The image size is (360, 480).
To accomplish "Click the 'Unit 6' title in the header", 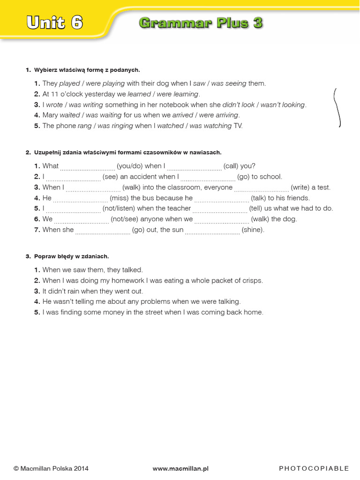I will (x=55, y=22).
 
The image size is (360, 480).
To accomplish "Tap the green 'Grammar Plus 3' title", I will (x=201, y=22).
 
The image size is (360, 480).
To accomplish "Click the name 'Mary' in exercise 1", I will (x=50, y=115).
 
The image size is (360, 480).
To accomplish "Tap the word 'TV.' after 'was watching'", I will (x=238, y=126).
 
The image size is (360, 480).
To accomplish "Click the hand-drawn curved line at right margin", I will (x=337, y=108).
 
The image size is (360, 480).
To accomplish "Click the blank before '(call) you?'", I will (x=194, y=167).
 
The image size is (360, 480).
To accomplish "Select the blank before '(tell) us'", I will (x=220, y=210).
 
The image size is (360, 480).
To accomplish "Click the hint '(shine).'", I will (x=253, y=230).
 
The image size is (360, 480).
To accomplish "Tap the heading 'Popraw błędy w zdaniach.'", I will (x=71, y=256).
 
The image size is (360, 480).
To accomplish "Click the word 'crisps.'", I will (x=252, y=280).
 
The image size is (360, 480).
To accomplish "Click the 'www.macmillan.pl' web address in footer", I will (x=180, y=468).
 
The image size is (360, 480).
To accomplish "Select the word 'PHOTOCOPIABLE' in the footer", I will (x=314, y=468).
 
